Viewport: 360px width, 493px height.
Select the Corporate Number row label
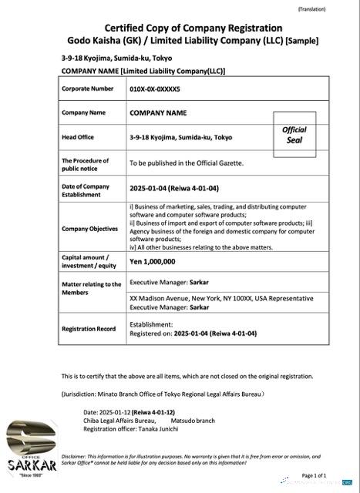pyautogui.click(x=87, y=89)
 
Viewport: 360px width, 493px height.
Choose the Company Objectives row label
pyautogui.click(x=91, y=229)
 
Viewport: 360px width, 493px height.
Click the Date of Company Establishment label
pyautogui.click(x=86, y=190)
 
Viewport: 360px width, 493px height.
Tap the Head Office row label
pyautogui.click(x=79, y=137)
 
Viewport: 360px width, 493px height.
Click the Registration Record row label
pyautogui.click(x=89, y=329)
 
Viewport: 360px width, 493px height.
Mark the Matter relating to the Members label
pyautogui.click(x=91, y=288)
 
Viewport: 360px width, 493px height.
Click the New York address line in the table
pyautogui.click(x=221, y=298)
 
